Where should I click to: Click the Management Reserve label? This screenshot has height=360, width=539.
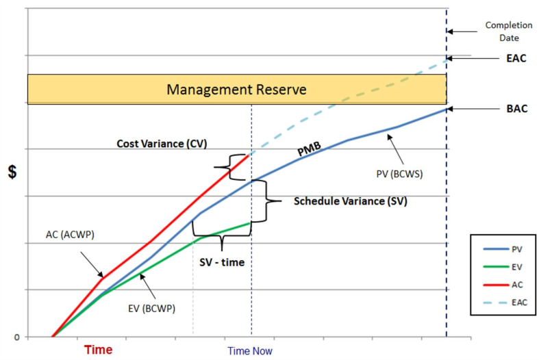pos(236,90)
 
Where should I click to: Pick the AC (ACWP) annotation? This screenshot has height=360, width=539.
pos(70,235)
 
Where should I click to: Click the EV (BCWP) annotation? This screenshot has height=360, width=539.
pos(151,308)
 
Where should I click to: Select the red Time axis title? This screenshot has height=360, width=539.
pos(98,350)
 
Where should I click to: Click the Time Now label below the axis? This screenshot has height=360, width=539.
pos(250,351)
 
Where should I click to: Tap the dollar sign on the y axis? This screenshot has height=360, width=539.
pos(12,172)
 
